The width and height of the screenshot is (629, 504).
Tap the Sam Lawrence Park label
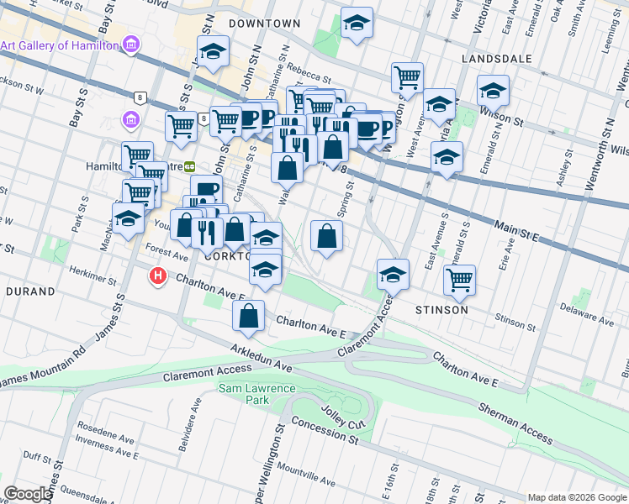244,394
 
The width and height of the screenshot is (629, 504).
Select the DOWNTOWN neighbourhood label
264,24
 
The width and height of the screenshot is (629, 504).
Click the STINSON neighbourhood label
441,310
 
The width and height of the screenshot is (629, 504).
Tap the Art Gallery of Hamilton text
58,45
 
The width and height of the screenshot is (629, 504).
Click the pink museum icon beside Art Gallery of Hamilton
131,45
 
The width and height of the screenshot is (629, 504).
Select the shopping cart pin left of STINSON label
459,281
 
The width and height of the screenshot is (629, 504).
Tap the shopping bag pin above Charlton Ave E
249,317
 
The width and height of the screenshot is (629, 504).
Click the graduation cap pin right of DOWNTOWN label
357,25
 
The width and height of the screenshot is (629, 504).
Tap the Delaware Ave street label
589,319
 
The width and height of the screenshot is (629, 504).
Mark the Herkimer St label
94,278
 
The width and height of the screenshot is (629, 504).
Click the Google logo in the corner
28,494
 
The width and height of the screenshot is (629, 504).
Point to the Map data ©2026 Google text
576,497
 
